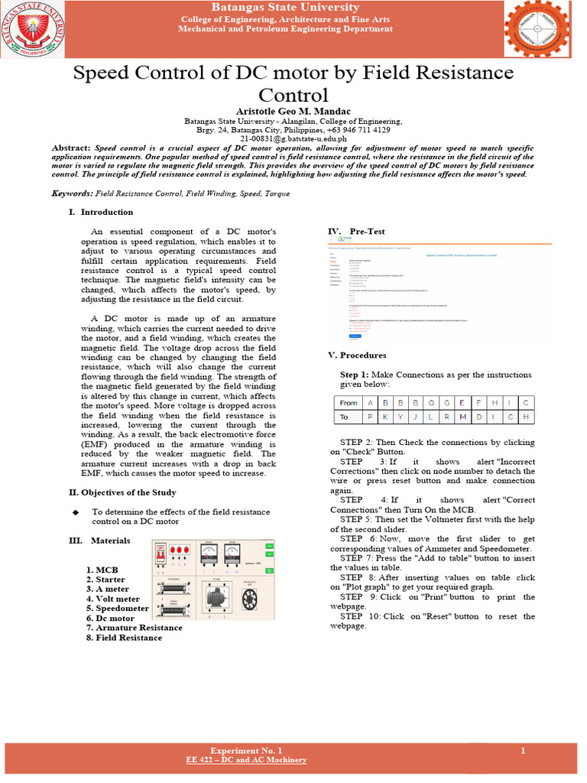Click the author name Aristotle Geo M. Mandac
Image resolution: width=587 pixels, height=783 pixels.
293,111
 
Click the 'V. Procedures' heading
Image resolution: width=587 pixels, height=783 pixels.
357,355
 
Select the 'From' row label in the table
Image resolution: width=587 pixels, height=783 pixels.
349,402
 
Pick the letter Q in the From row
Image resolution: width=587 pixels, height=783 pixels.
431,402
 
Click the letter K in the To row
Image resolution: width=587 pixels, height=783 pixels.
385,417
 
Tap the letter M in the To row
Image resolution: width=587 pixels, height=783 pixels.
462,417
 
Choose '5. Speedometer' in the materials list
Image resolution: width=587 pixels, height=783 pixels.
118,609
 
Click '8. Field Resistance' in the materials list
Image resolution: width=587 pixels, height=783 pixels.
124,637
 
